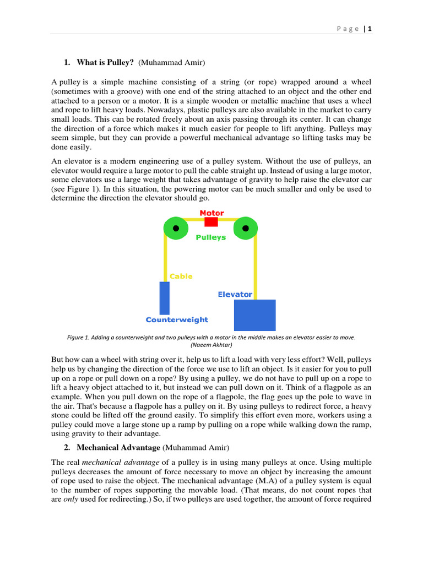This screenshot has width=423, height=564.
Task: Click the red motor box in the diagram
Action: [211, 221]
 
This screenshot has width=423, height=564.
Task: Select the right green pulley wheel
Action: [246, 228]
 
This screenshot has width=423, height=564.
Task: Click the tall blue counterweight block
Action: [164, 298]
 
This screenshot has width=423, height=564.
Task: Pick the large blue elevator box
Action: [254, 315]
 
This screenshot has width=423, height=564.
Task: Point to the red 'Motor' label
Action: [211, 213]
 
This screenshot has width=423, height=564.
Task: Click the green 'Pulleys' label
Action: [210, 237]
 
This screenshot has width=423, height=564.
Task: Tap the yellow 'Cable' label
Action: [181, 276]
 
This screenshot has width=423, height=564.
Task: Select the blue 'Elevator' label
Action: [235, 294]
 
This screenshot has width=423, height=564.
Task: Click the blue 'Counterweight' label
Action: [177, 319]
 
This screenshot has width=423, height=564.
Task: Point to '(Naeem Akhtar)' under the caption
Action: [211, 345]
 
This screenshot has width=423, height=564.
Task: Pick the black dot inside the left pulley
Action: [176, 228]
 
